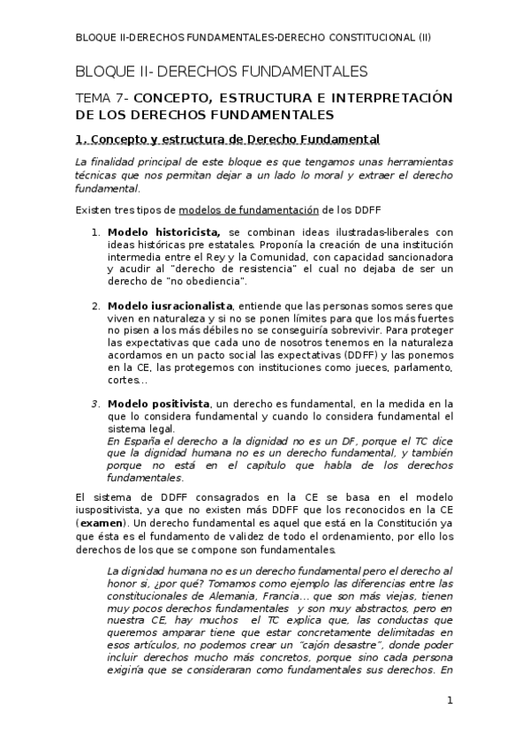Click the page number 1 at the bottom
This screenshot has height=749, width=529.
click(x=450, y=701)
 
